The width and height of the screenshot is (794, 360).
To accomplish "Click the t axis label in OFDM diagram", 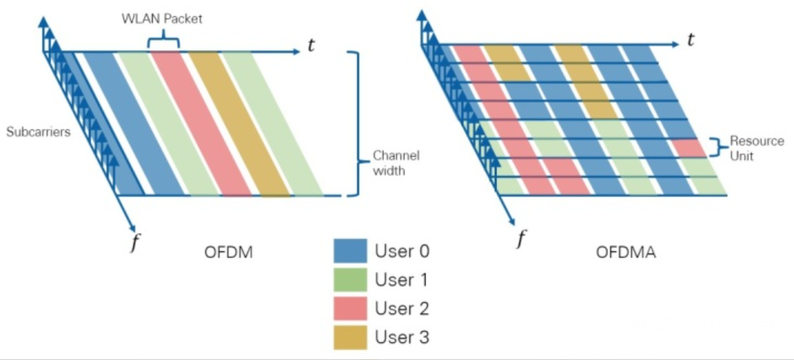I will tap(312, 47).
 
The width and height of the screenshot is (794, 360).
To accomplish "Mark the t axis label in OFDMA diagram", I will tap(690, 41).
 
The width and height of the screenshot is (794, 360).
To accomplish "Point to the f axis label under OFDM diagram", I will tap(134, 243).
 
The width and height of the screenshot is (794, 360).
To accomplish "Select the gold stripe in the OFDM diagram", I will tap(238, 122).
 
